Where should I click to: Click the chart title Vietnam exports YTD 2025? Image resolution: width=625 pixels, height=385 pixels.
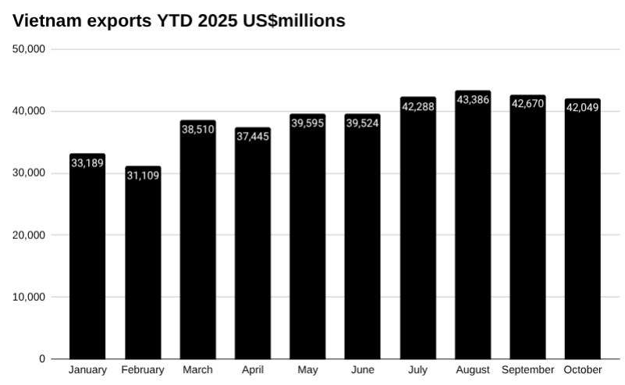(179, 21)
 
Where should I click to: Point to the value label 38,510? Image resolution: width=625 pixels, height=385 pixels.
(198, 130)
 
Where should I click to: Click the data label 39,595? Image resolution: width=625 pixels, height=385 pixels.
(307, 123)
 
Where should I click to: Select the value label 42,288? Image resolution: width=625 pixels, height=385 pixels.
(417, 106)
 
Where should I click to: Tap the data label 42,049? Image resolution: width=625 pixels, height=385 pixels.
(583, 108)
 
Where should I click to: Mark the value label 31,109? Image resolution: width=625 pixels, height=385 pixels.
(143, 176)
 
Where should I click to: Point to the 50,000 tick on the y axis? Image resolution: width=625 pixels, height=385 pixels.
(30, 49)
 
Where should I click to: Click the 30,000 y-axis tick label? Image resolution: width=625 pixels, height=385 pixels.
(30, 173)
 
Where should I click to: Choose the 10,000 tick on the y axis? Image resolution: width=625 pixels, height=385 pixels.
(30, 297)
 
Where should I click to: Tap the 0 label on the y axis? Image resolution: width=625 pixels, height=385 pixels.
(42, 359)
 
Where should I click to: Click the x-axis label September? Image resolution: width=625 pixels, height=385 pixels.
(527, 370)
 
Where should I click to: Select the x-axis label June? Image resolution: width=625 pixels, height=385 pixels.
(363, 370)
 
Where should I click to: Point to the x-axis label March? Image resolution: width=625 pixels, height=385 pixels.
(197, 370)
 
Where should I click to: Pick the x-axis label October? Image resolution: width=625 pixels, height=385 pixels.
(583, 370)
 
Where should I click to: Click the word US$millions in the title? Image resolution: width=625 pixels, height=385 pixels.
(291, 21)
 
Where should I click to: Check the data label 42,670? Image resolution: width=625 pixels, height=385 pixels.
(527, 104)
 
